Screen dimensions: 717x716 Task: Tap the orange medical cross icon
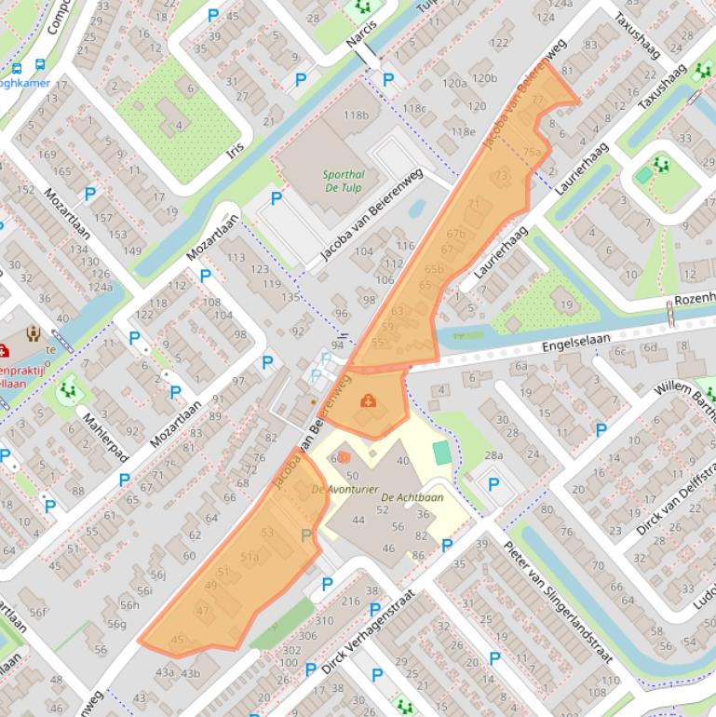[x=369, y=400]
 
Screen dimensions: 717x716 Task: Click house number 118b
[x=356, y=115]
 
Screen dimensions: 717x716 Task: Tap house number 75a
[x=532, y=152]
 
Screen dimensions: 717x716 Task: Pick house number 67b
[x=455, y=234]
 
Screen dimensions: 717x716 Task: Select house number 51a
[x=250, y=556]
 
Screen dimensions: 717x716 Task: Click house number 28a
[x=493, y=455]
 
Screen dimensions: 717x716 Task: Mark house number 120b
[x=483, y=78]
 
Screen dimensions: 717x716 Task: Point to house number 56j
[x=157, y=575]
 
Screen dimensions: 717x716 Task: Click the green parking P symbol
[x=306, y=534]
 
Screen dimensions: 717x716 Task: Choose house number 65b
[x=434, y=269]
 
